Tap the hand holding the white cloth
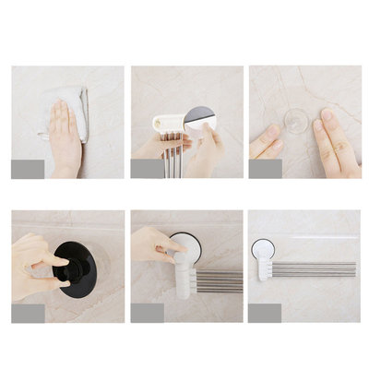pos(65,138)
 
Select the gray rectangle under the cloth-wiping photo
pos(28,169)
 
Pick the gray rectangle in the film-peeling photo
pos(147,169)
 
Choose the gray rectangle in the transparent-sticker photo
pos(266,169)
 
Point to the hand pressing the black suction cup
pos(37,263)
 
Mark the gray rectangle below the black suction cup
pos(28,313)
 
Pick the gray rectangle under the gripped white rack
pos(147,313)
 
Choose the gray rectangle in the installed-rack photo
pos(266,313)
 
